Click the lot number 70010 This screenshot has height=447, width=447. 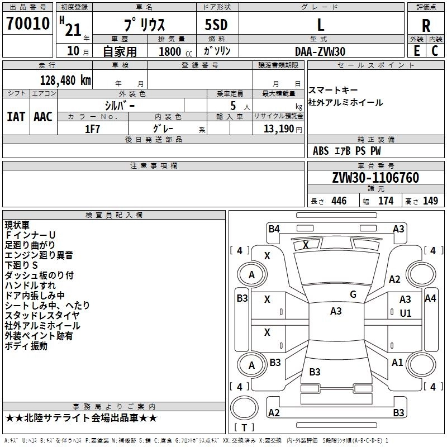tap(27, 24)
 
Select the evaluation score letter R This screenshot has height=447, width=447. tap(426, 25)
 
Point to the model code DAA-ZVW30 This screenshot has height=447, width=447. tap(320, 51)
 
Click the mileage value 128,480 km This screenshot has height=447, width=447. tap(65, 80)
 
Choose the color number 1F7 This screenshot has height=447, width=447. tap(92, 129)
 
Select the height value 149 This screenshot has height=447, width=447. tap(430, 201)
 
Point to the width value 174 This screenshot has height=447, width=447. tap(386, 201)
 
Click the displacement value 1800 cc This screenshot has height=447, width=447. tap(172, 51)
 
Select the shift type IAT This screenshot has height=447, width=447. tap(16, 117)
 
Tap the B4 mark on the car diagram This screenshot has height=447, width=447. tap(274, 229)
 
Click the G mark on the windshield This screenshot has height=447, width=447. tap(353, 294)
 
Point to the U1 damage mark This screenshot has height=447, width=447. tap(406, 313)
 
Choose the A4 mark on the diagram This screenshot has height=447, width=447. tap(430, 298)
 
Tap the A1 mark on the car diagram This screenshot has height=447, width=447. tap(397, 362)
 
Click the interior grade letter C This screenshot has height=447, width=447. tap(435, 51)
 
